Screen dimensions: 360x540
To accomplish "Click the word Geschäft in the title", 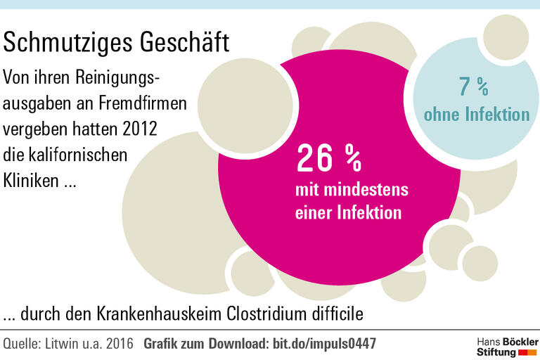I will [186, 44].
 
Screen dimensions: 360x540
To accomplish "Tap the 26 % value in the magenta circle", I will [328, 159].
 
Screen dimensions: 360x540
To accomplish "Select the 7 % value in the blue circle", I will [473, 87].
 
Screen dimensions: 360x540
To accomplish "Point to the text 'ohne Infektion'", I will [476, 114].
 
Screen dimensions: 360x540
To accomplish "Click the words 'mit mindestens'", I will [352, 189].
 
